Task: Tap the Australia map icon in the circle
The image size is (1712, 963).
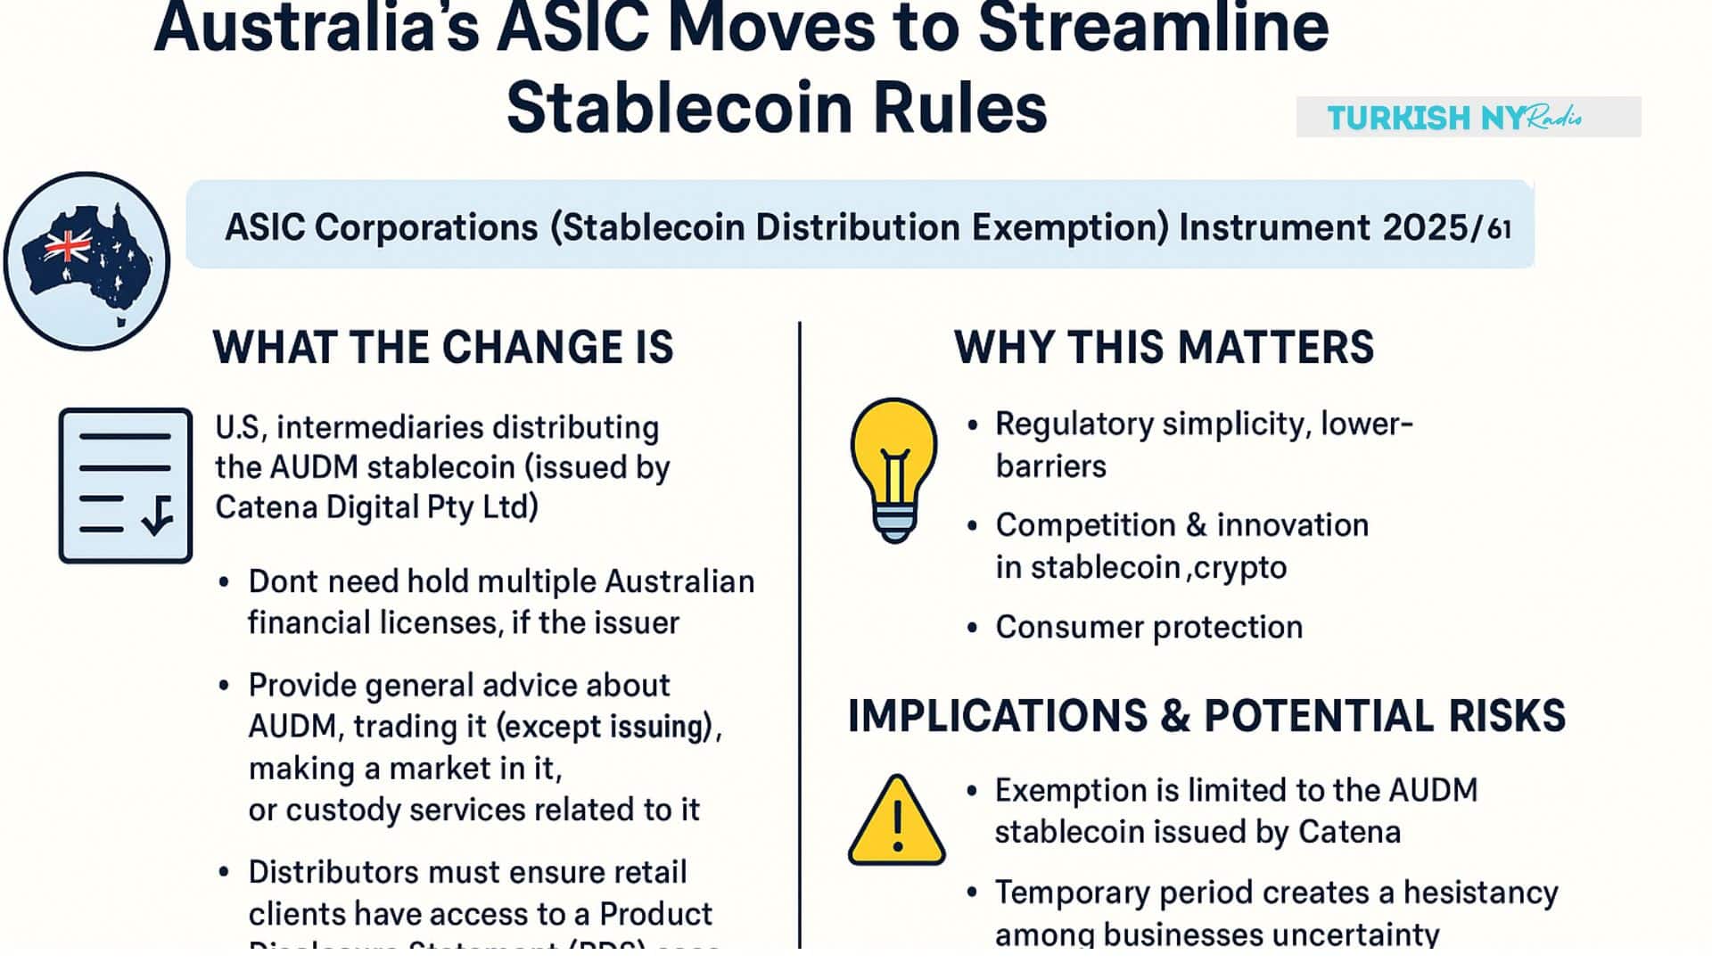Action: tap(86, 260)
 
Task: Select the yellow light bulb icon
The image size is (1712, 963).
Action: tap(893, 469)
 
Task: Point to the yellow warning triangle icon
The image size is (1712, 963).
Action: tap(896, 821)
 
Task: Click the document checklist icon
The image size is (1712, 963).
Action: tap(126, 485)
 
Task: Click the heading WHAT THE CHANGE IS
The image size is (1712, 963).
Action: tap(443, 347)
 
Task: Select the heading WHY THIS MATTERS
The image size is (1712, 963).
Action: tap(1164, 347)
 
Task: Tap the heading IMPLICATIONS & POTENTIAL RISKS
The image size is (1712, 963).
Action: tap(1206, 716)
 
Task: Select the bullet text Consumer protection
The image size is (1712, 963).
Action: tap(1148, 627)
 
